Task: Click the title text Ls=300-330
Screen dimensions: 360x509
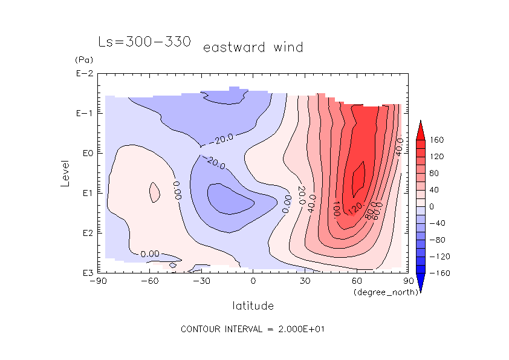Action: pyautogui.click(x=144, y=42)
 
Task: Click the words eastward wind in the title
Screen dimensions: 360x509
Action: pyautogui.click(x=253, y=47)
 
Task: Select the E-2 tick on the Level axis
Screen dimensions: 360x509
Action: pyautogui.click(x=83, y=74)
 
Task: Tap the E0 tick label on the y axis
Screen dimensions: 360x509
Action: pyautogui.click(x=85, y=153)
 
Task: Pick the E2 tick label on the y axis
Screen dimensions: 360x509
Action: pyautogui.click(x=85, y=233)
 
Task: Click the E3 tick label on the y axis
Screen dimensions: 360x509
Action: pyautogui.click(x=85, y=273)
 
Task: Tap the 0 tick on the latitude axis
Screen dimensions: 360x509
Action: pyautogui.click(x=253, y=281)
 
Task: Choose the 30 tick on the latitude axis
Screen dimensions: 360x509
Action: pyautogui.click(x=305, y=281)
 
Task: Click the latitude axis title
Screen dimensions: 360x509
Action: pyautogui.click(x=253, y=306)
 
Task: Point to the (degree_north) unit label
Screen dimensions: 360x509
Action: pyautogui.click(x=379, y=292)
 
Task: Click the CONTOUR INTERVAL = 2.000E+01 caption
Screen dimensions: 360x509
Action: pyautogui.click(x=254, y=330)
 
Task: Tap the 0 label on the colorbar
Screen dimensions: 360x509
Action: pyautogui.click(x=432, y=207)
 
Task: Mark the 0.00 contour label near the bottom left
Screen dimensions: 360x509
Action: pyautogui.click(x=149, y=254)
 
